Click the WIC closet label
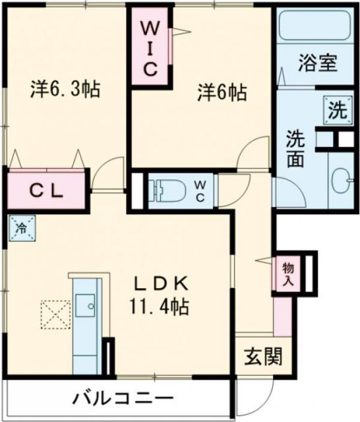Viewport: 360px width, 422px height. [x=150, y=48]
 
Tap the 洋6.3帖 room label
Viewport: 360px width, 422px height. [x=65, y=90]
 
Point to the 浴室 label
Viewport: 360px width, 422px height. [x=317, y=64]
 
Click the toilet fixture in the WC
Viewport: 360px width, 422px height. [x=167, y=190]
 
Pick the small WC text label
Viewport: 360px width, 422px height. [x=202, y=190]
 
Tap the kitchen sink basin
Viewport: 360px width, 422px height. [x=86, y=305]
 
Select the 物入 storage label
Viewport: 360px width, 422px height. [x=287, y=272]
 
